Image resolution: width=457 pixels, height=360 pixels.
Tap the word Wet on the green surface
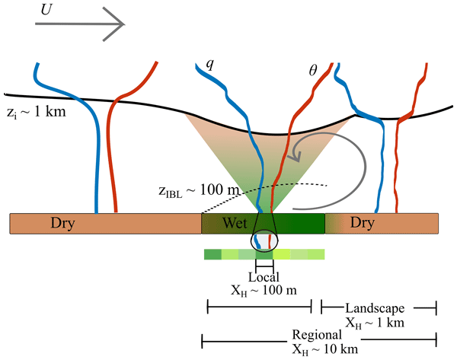[x=234, y=224]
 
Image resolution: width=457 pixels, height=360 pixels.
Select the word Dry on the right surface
[x=363, y=224]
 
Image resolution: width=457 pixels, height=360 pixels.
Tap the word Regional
[x=318, y=336]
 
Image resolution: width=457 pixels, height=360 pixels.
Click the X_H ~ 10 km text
[x=318, y=349]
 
